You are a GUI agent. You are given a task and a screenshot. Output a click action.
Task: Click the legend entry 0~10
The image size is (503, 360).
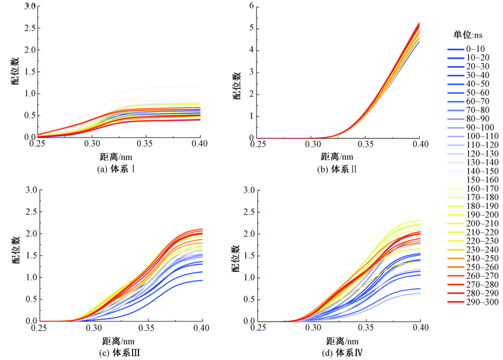pyautogui.click(x=475, y=48)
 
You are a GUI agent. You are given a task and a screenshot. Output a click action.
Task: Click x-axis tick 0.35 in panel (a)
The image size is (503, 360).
pyautogui.click(x=146, y=144)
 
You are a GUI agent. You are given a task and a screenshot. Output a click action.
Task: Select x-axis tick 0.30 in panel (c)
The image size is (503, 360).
pyautogui.click(x=94, y=328)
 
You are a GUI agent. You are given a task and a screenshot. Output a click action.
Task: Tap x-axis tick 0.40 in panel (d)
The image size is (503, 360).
pyautogui.click(x=420, y=328)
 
